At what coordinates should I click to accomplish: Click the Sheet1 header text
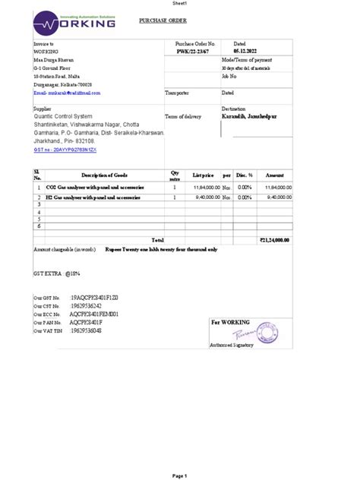pyautogui.click(x=180, y=4)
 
